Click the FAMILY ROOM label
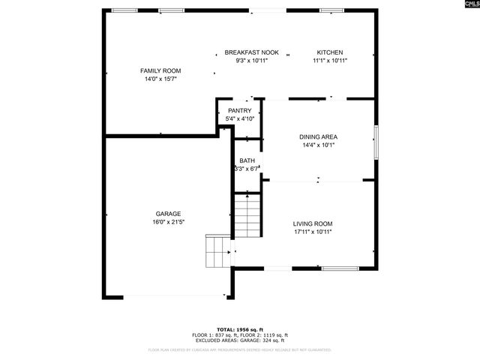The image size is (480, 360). [x=160, y=70]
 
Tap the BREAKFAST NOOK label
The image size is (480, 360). [x=251, y=52]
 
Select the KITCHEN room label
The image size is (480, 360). [x=330, y=52]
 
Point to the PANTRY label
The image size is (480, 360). [x=240, y=111]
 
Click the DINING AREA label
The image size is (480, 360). [x=318, y=137]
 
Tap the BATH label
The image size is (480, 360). [x=247, y=161]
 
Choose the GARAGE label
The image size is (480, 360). [x=168, y=214]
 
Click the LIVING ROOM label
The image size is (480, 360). [x=312, y=223]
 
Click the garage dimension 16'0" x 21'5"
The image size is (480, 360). [x=168, y=222]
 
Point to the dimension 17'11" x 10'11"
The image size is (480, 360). [x=312, y=232]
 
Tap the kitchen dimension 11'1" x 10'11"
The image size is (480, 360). [x=330, y=61]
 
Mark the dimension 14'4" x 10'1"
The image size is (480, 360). [x=318, y=145]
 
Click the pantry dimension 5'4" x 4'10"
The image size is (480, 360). [x=240, y=118]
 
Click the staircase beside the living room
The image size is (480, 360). [x=246, y=215]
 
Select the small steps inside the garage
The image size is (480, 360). [x=218, y=251]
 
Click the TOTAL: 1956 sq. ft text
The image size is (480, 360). [x=240, y=329]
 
